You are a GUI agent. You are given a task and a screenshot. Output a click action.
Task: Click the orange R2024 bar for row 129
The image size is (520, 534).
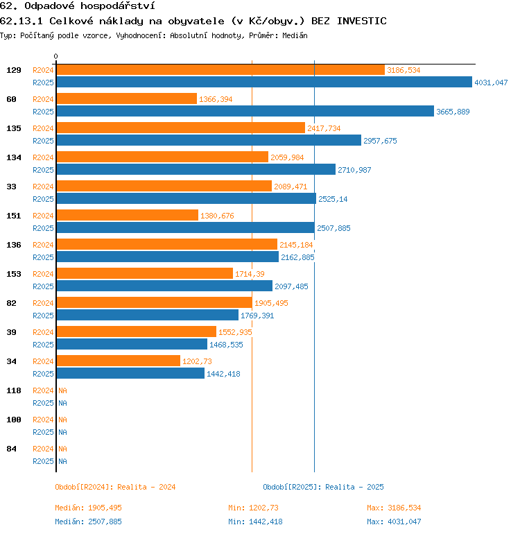(x=220, y=70)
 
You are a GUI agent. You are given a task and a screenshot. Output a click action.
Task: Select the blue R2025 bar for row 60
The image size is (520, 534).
(x=245, y=112)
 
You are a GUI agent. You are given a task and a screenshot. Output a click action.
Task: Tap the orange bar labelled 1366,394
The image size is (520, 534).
(x=126, y=99)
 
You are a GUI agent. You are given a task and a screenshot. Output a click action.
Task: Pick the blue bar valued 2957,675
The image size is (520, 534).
(x=209, y=141)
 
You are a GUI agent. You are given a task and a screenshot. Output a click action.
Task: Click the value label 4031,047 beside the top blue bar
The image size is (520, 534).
(x=491, y=83)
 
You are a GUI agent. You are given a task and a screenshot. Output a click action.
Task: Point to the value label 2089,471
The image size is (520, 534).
(x=291, y=187)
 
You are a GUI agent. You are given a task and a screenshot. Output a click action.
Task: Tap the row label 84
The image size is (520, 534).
(x=12, y=449)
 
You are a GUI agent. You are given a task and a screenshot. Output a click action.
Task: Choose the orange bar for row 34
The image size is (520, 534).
(x=119, y=361)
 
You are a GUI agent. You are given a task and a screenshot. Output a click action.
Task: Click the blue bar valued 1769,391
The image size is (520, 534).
(x=147, y=316)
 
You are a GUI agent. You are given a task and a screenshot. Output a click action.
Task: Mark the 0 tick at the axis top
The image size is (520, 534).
(x=56, y=57)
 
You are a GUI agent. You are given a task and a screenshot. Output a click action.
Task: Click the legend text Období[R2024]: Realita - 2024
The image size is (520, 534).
(x=115, y=487)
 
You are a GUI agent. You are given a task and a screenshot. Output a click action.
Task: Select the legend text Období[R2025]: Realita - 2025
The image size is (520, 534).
(x=323, y=487)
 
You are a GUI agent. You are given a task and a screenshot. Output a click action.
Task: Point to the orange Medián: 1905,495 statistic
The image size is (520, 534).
(x=88, y=508)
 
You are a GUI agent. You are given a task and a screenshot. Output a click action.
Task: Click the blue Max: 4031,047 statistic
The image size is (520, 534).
(x=394, y=522)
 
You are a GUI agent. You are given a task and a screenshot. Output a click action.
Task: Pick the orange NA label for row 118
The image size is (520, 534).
(x=62, y=390)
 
